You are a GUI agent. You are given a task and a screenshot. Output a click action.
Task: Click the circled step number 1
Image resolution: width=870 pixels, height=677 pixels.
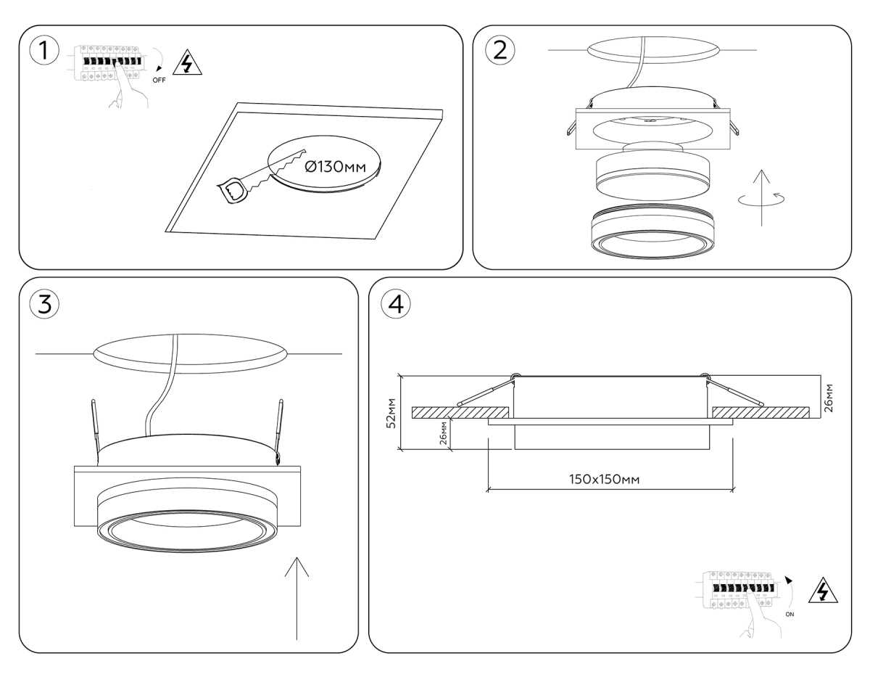(44, 51)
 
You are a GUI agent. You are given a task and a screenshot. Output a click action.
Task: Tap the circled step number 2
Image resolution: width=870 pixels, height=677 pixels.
(500, 51)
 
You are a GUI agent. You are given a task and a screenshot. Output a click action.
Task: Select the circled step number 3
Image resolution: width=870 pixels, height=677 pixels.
(44, 304)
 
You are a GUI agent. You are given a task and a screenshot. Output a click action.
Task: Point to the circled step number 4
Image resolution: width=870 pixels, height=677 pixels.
(396, 304)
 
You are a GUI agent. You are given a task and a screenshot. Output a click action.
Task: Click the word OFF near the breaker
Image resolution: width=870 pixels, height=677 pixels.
(159, 80)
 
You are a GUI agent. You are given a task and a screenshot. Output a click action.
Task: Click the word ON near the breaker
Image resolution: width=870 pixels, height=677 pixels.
(790, 614)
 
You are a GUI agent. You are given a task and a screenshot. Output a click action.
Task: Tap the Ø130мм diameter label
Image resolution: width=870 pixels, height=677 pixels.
(335, 167)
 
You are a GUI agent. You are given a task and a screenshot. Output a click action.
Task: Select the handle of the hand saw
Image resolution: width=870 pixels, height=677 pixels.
(232, 191)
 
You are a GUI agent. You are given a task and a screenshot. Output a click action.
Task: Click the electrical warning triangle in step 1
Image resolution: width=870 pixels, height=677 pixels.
(187, 62)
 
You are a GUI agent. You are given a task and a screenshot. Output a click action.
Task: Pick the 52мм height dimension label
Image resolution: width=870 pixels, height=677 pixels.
(391, 413)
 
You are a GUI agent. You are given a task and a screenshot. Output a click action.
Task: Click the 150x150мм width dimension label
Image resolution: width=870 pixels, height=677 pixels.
(604, 479)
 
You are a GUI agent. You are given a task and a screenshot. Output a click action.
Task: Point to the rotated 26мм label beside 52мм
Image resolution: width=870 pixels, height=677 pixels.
(443, 432)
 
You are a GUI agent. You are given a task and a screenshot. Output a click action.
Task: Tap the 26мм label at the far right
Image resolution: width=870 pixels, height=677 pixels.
(829, 398)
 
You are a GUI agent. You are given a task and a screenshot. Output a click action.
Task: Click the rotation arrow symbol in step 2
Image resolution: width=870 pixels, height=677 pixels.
(761, 199)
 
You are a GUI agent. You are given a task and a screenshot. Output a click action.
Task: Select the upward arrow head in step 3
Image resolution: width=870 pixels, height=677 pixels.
(297, 567)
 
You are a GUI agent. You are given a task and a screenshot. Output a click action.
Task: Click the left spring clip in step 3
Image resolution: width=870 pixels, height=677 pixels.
(95, 432)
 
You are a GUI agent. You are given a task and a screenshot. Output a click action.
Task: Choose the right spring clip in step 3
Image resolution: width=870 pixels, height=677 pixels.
(278, 432)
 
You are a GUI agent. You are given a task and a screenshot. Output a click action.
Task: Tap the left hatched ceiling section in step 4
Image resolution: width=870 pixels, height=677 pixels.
(460, 413)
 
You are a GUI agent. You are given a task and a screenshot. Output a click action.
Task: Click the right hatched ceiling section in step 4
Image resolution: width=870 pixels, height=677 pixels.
(761, 413)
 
